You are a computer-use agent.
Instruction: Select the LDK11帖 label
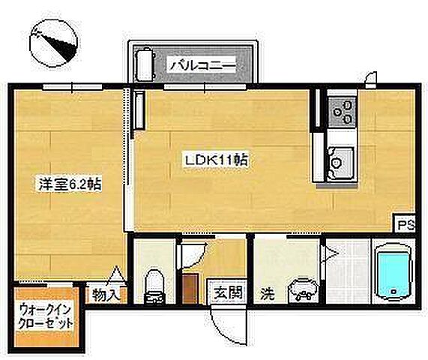(x=217, y=160)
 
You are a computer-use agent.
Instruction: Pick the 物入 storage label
(x=104, y=295)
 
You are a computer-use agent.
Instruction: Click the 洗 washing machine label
(x=266, y=292)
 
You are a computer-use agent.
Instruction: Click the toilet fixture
(x=154, y=283)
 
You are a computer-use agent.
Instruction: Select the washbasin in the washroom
(x=302, y=288)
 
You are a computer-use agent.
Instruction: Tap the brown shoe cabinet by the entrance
(x=190, y=289)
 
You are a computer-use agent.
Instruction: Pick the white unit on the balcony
(x=143, y=65)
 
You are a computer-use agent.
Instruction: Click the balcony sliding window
(x=193, y=87)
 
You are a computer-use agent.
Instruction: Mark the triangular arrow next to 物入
(x=117, y=274)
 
